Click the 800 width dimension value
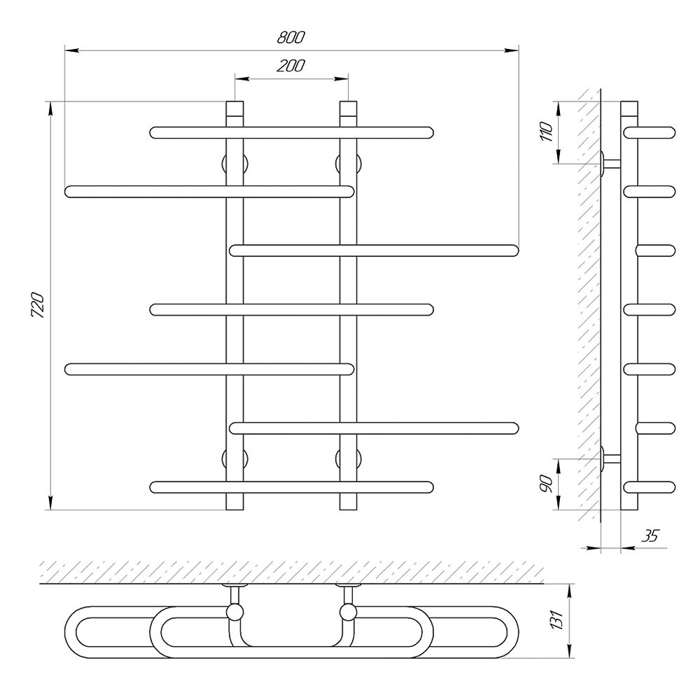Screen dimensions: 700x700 pyautogui.click(x=290, y=37)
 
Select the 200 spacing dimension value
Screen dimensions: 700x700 pyautogui.click(x=290, y=66)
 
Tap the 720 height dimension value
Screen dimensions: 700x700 pyautogui.click(x=38, y=305)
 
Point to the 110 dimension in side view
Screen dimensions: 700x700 pyautogui.click(x=547, y=132)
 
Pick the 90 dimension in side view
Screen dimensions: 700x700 pyautogui.click(x=547, y=484)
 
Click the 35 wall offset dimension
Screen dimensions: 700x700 pyautogui.click(x=650, y=535)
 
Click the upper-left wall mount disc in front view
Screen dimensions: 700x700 pyautogui.click(x=234, y=164)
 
